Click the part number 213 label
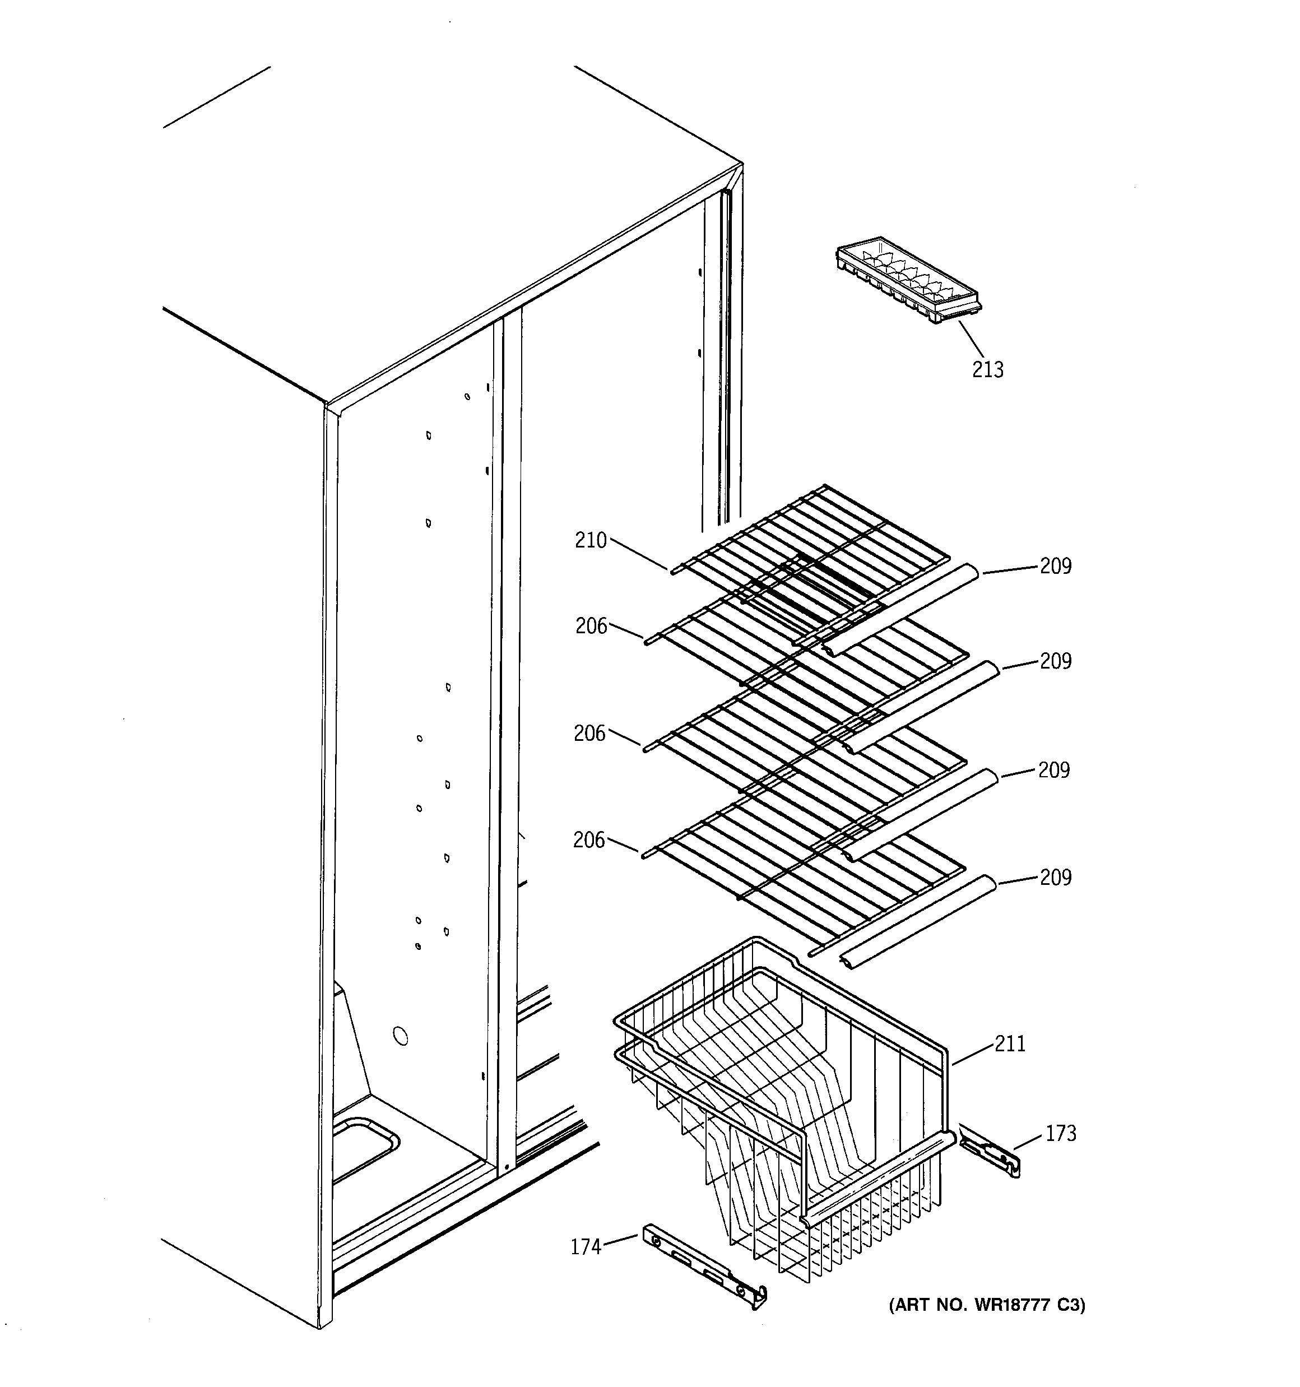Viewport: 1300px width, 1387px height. pos(987,370)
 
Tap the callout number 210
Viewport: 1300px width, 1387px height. pos(591,541)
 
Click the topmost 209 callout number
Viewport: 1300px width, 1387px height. pos(1055,566)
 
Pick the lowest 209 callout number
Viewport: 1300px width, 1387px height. pos(1055,878)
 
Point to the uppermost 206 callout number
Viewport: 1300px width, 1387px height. pos(591,627)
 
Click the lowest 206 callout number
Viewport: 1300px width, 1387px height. pos(589,841)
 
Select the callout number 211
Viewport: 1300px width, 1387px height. pos(1010,1045)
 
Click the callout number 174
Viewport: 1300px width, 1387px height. pos(586,1247)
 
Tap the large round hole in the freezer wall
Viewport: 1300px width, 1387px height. pos(400,1036)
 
